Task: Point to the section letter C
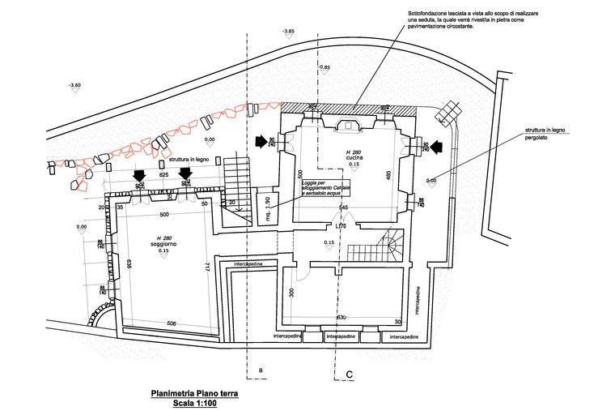[x=349, y=374]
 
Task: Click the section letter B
[x=261, y=370]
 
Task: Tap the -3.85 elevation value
[x=288, y=31]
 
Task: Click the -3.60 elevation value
[x=74, y=85]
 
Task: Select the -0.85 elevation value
[x=324, y=67]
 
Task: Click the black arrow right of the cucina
[x=437, y=146]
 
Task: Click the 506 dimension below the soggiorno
[x=172, y=323]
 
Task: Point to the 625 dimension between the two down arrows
[x=163, y=174]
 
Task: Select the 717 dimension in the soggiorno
[x=208, y=266]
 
